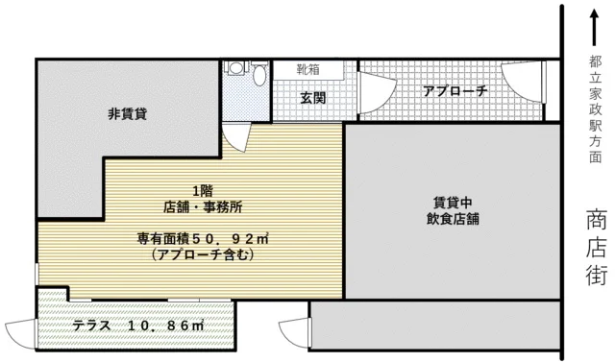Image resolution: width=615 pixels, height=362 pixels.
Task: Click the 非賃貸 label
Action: pos(127,113)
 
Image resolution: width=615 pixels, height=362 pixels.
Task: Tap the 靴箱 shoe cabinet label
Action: pos(309,70)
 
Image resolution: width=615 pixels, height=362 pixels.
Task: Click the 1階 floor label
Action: pos(202,189)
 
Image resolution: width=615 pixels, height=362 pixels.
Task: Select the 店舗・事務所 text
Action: pos(202,205)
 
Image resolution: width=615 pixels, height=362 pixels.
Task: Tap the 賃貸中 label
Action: pos(451,202)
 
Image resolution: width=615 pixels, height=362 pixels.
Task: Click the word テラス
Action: pos(91,326)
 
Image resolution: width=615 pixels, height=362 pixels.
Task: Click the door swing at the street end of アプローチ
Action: pos(519,82)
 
